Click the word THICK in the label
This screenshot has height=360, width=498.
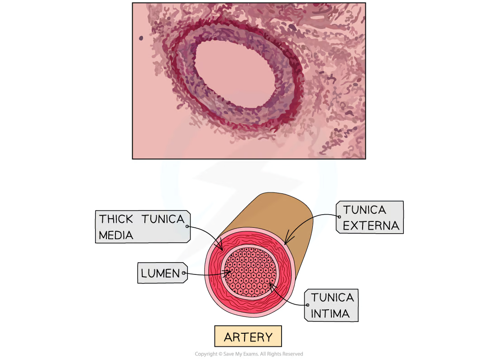pyautogui.click(x=116, y=219)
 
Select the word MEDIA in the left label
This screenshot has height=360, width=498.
pyautogui.click(x=116, y=235)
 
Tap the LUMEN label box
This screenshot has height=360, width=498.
pyautogui.click(x=162, y=273)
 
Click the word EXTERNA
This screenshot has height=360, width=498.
pyautogui.click(x=371, y=226)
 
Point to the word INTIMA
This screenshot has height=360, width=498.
pyautogui.click(x=330, y=314)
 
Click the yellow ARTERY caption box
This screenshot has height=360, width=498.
pyautogui.click(x=248, y=336)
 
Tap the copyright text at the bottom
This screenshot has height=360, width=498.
pyautogui.click(x=249, y=354)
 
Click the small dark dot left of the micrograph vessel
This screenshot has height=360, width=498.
pyautogui.click(x=141, y=38)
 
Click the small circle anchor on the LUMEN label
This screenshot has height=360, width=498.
pyautogui.click(x=183, y=273)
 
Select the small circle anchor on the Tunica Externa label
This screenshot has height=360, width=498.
pyautogui.click(x=339, y=217)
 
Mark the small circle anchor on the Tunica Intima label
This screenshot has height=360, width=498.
pyautogui.click(x=307, y=305)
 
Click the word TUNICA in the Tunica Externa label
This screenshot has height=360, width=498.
pyautogui.click(x=364, y=210)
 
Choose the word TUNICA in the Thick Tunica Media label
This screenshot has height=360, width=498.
pyautogui.click(x=163, y=219)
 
